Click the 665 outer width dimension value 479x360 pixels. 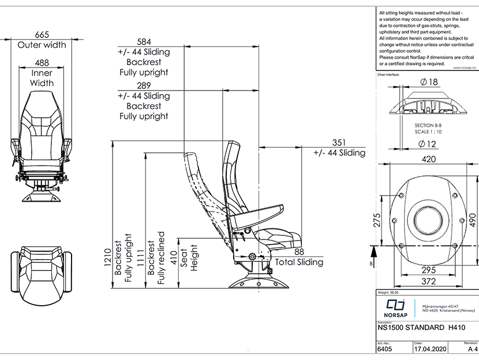click(x=42, y=34)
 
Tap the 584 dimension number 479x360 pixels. click(x=144, y=41)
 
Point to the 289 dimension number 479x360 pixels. click(x=144, y=85)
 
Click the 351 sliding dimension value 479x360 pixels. click(x=339, y=142)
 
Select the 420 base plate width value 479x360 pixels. click(x=428, y=159)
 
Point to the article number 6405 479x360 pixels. click(x=384, y=349)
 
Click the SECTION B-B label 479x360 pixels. click(x=427, y=125)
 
